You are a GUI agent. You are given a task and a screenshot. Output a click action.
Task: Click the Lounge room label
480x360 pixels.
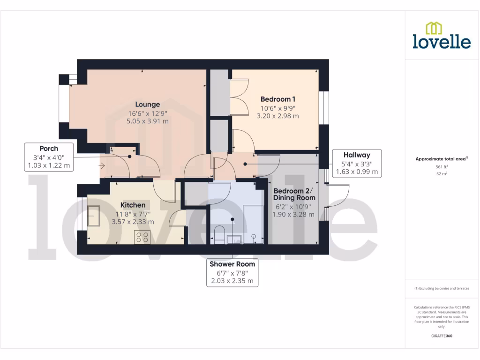pos(148,105)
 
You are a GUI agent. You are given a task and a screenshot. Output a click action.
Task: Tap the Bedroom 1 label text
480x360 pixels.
pos(278,99)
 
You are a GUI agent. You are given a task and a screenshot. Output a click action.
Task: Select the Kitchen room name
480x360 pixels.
pos(133,205)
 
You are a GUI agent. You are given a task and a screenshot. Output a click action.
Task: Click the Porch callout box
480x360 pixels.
pos(49,157)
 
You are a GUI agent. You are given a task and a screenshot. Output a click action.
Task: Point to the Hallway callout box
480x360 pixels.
pos(356,163)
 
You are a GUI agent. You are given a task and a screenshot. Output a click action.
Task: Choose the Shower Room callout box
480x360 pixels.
pos(232,273)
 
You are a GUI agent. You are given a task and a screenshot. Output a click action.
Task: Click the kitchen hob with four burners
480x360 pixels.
pos(142,237)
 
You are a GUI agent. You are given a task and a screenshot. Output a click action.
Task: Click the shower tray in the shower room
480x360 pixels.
pos(254,225)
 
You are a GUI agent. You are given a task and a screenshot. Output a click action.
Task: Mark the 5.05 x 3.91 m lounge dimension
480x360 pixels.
pos(148,121)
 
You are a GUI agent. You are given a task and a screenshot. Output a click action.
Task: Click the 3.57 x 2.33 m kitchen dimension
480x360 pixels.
pos(133,222)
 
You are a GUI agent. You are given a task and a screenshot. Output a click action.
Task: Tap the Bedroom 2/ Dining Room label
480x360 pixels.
pos(294,195)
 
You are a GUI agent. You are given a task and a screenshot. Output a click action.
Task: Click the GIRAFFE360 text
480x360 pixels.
pos(442,336)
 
